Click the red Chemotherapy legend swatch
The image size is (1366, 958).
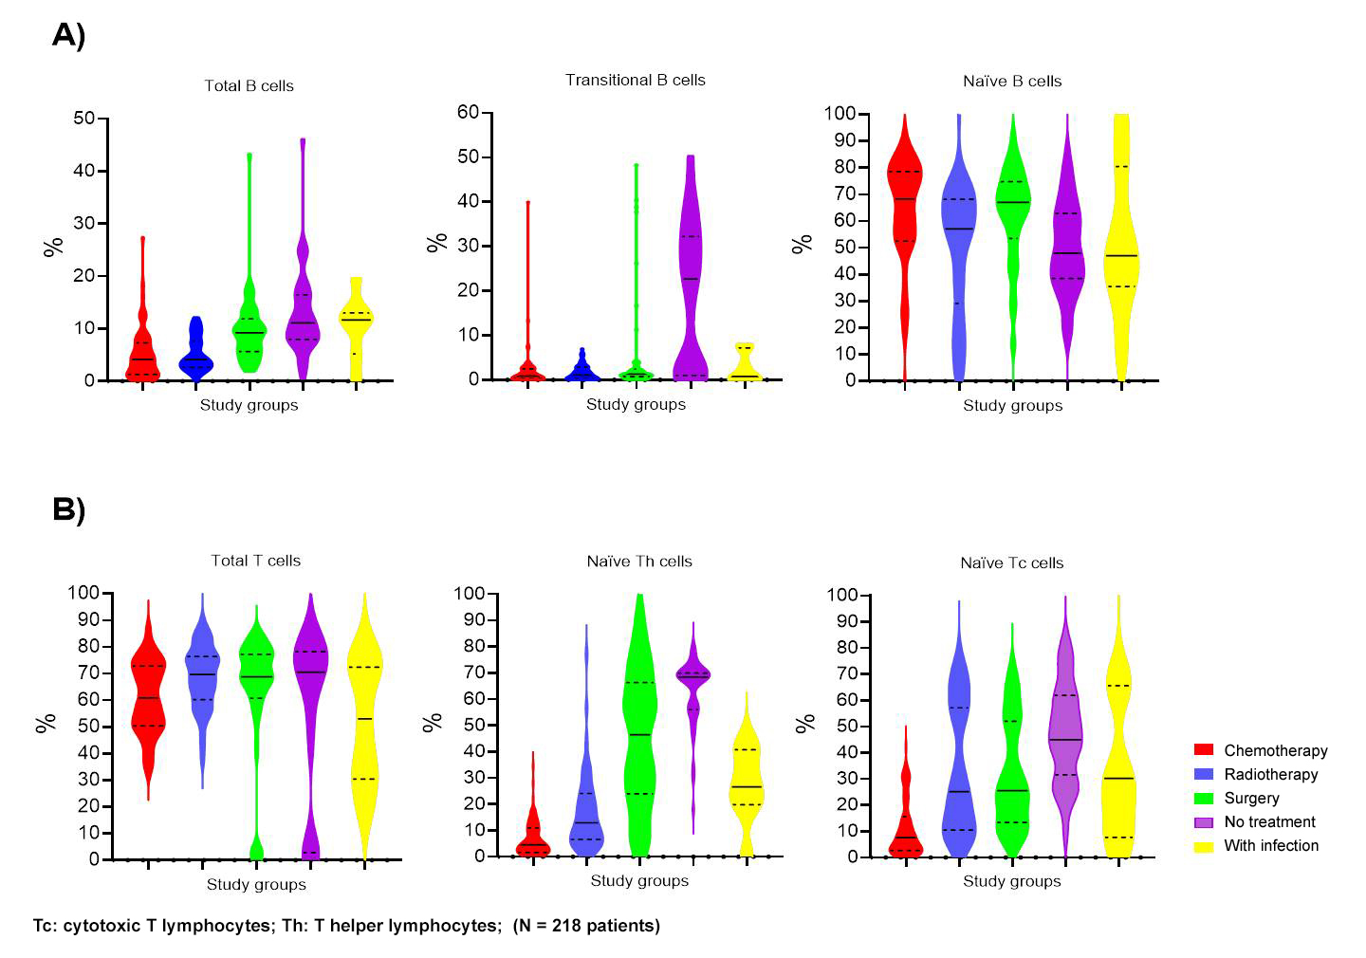[x=1204, y=750]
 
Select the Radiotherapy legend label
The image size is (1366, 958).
[x=1270, y=774]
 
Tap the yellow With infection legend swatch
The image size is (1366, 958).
[x=1204, y=846]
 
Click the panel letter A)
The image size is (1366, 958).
[x=68, y=35]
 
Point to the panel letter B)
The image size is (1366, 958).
[x=68, y=509]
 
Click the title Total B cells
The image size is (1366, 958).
[x=249, y=85]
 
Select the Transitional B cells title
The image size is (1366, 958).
[x=635, y=80]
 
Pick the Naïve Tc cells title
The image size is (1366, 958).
[x=1011, y=562]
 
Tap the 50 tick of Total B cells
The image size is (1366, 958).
[x=84, y=119]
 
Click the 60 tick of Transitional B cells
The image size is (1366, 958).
[x=469, y=112]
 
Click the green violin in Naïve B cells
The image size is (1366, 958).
[x=1013, y=209]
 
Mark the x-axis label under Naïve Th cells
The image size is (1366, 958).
[x=639, y=881]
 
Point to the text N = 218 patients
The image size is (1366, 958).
[x=586, y=925]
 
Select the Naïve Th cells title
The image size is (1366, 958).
[x=639, y=561]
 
